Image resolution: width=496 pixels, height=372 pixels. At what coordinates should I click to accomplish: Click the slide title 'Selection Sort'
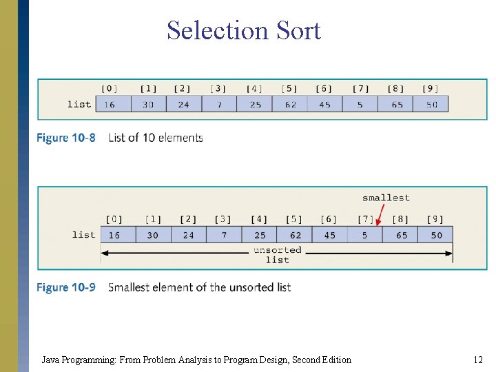243,31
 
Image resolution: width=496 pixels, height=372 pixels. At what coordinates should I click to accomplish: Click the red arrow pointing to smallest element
378,213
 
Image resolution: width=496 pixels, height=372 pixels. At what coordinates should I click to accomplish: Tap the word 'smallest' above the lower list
386,198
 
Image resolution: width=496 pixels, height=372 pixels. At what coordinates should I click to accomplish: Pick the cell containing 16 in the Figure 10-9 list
114,235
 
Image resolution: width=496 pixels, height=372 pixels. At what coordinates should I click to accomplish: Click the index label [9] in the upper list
431,88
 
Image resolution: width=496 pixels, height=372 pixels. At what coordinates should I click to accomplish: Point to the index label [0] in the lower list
114,219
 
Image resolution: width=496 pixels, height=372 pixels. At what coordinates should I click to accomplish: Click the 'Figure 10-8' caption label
66,138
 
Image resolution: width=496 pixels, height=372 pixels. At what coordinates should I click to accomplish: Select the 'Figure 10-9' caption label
66,287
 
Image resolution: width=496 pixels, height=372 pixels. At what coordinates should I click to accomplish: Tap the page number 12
478,360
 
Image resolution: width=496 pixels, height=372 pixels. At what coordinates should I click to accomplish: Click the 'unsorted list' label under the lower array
277,254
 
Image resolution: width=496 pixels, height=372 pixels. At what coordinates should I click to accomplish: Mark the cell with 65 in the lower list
402,235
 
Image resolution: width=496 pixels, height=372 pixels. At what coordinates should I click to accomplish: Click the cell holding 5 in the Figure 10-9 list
365,235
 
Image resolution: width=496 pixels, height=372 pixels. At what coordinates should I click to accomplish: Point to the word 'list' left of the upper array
79,104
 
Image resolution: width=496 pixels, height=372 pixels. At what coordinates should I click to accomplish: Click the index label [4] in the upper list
254,88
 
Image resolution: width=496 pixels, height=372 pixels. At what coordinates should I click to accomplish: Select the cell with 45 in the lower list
330,235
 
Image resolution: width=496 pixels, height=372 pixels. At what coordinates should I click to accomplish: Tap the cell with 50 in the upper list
431,104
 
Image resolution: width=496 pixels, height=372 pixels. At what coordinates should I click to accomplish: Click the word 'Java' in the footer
51,360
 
